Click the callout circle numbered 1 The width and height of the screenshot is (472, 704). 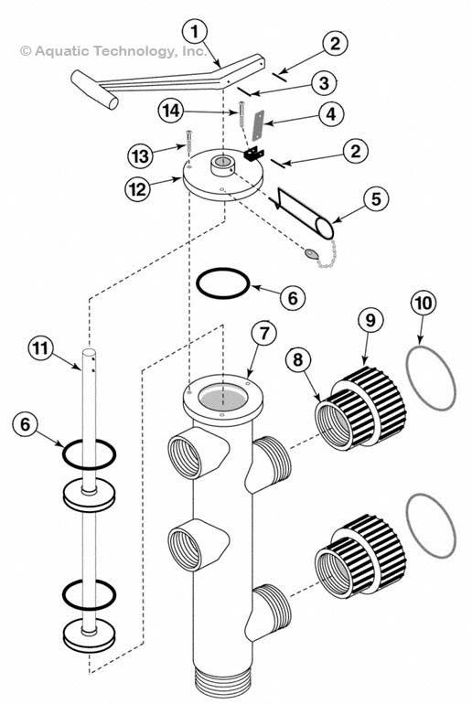pos(195,32)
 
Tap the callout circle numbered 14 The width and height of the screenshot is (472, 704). pos(171,111)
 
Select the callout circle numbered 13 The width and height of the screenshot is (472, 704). pos(140,156)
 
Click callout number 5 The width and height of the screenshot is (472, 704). pos(375,198)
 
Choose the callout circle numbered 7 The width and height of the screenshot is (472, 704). pos(264,333)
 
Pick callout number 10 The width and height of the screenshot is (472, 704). pos(424,304)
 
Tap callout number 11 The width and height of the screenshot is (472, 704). pos(41,348)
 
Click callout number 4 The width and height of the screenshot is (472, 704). pos(330,114)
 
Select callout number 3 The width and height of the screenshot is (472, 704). pos(324,82)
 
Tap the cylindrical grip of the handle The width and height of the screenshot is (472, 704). pos(94,90)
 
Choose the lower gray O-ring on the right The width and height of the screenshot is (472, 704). pos(431,526)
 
